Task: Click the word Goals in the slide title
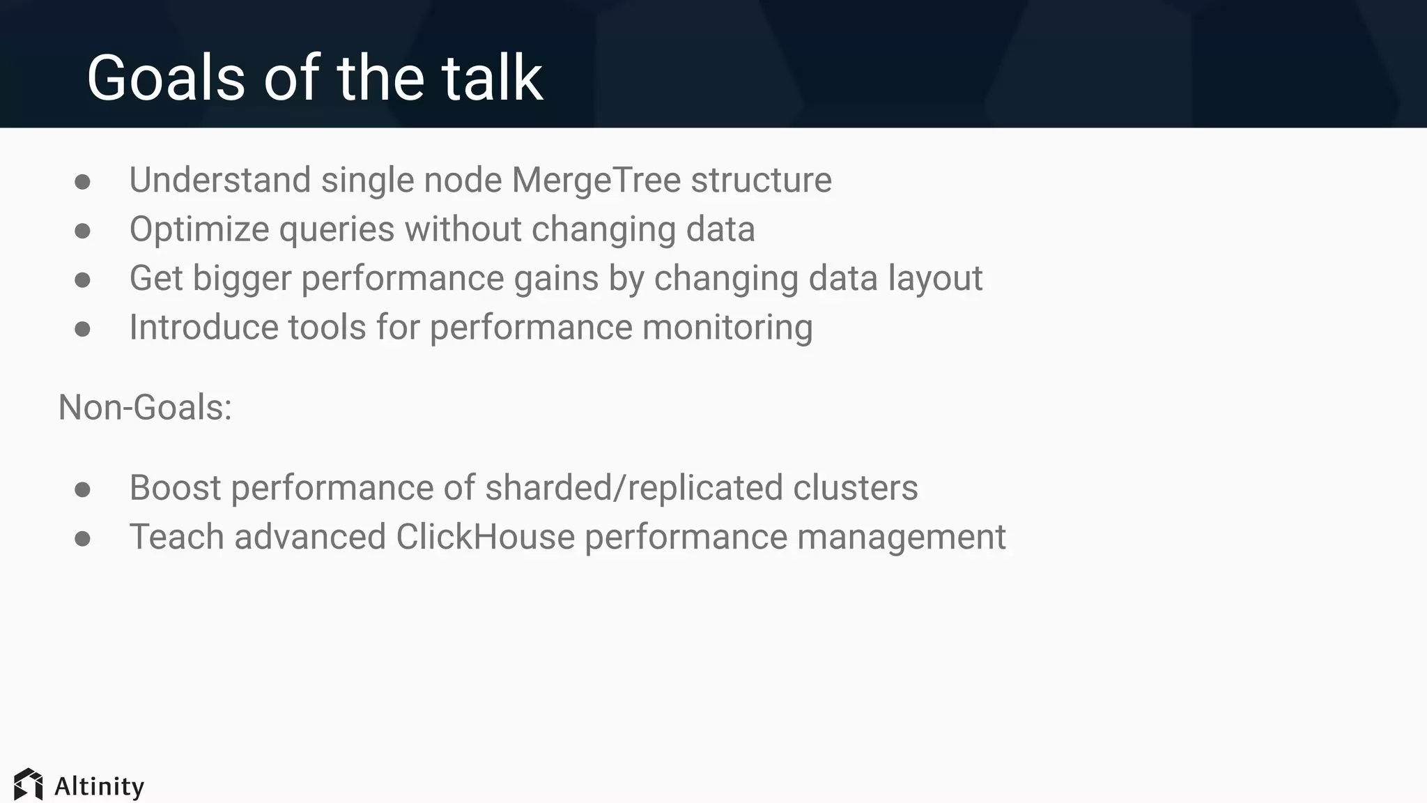tap(166, 78)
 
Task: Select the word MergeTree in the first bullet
tap(596, 181)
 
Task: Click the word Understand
tap(219, 181)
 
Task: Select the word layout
tap(935, 278)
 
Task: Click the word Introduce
tap(203, 328)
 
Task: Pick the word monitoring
tap(727, 328)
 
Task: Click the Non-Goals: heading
tap(145, 407)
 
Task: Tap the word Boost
tap(175, 488)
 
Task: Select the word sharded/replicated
tap(633, 488)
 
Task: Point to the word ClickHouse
tap(485, 537)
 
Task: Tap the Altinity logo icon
tap(29, 785)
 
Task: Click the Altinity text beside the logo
tap(100, 786)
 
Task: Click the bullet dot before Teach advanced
tap(82, 538)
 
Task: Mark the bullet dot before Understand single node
tap(82, 182)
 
